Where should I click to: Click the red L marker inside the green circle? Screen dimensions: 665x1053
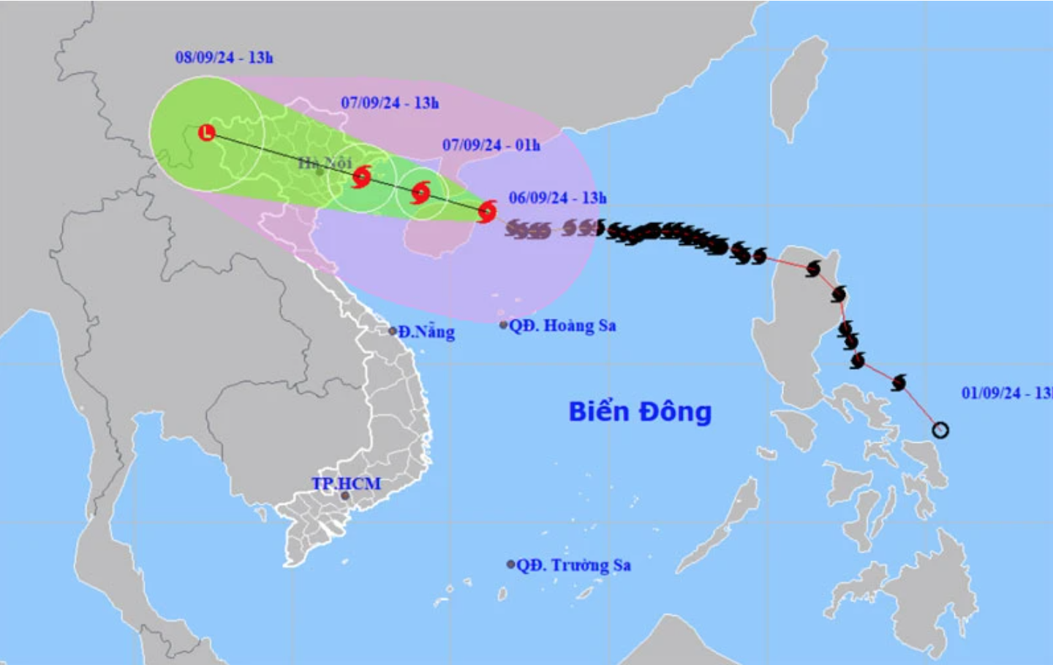pos(208,133)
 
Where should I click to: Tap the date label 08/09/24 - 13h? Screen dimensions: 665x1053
pos(224,58)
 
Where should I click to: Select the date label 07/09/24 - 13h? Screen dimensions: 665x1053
pos(390,103)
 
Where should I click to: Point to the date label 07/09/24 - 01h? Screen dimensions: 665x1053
pos(491,145)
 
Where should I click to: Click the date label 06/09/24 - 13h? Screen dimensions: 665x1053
pos(557,198)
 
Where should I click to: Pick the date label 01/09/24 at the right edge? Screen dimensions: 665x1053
pos(1006,393)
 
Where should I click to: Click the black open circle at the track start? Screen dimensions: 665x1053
pos(940,430)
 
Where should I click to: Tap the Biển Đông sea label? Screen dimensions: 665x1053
pos(640,411)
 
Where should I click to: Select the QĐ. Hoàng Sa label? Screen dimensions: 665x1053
pos(562,326)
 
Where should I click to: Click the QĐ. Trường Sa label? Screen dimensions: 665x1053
pos(573,565)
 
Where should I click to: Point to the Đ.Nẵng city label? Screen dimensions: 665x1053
pos(426,332)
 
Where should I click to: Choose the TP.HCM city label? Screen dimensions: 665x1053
pos(346,483)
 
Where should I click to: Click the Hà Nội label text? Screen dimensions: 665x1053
pos(325,162)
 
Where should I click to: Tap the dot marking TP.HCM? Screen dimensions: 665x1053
pos(345,496)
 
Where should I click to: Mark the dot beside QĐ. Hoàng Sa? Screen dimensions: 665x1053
pos(503,325)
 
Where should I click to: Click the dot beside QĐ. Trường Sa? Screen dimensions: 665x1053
pos(510,564)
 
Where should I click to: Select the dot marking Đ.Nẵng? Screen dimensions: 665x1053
pos(393,331)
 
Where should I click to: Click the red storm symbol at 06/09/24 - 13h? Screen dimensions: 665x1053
pos(487,212)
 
